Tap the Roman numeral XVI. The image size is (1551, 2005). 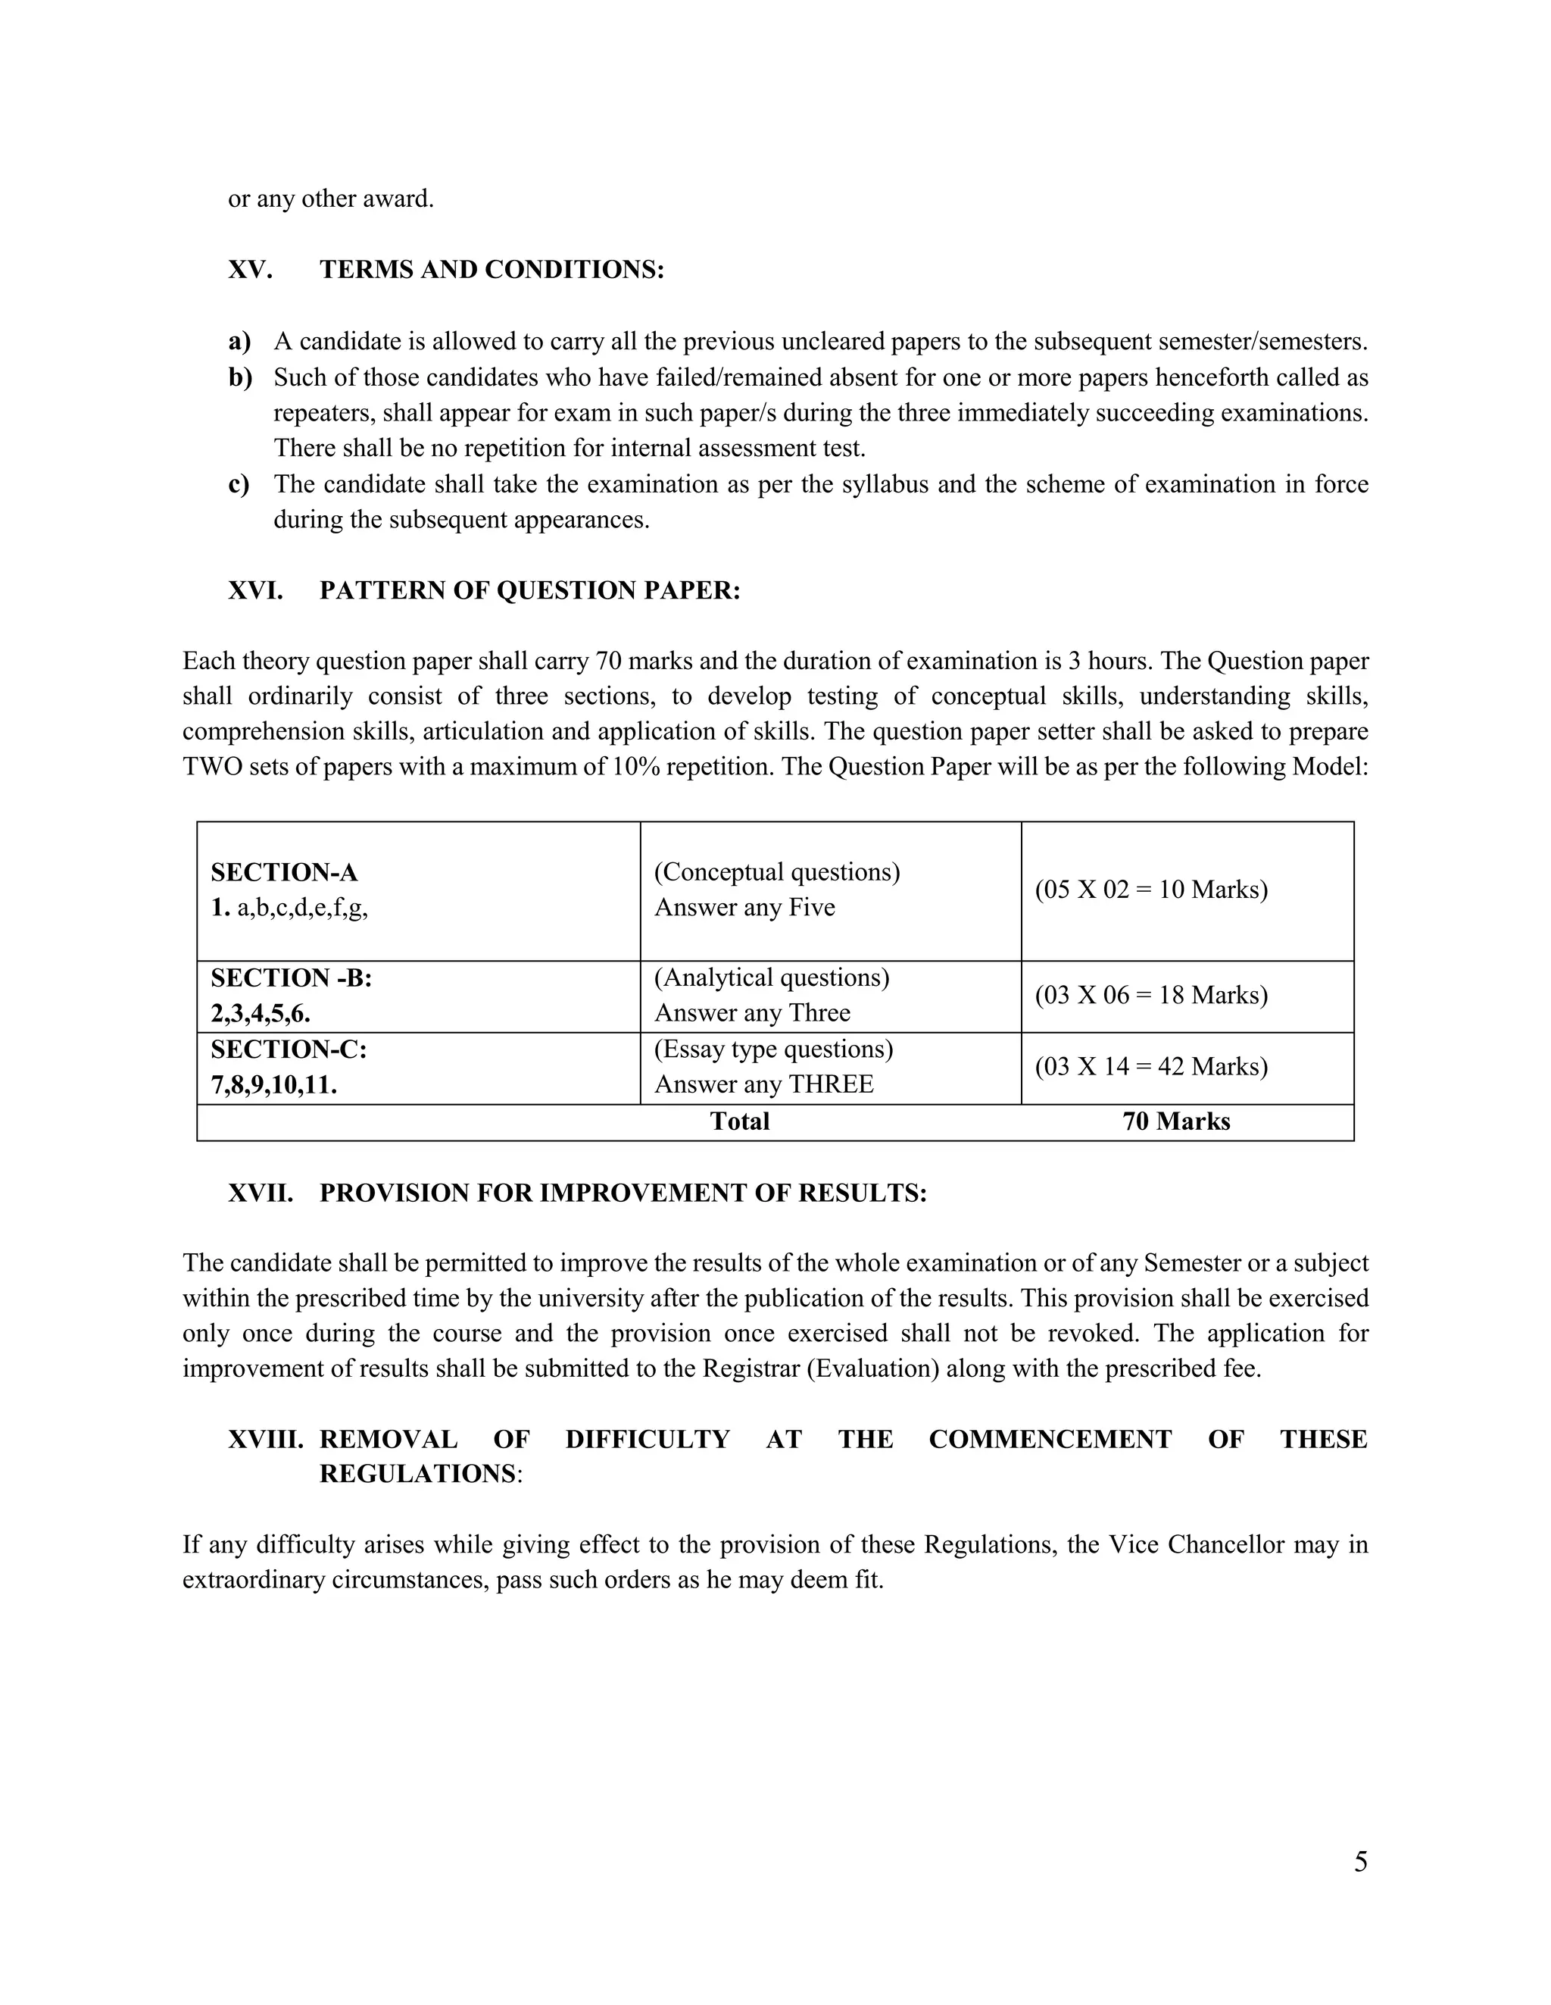pyautogui.click(x=255, y=590)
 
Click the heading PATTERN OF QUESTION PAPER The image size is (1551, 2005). pyautogui.click(x=529, y=590)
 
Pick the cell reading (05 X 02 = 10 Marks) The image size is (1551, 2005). pyautogui.click(x=1151, y=890)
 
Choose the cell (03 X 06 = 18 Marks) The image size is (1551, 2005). pyautogui.click(x=1151, y=995)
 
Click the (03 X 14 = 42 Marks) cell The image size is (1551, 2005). pyautogui.click(x=1151, y=1067)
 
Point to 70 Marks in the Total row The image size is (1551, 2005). pyautogui.click(x=1175, y=1121)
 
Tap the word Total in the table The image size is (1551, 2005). pyautogui.click(x=740, y=1121)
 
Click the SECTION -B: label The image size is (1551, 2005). pyautogui.click(x=291, y=977)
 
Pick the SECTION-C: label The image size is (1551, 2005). pyautogui.click(x=289, y=1049)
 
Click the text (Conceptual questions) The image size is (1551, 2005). pyautogui.click(x=776, y=872)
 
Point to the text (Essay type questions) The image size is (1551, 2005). pyautogui.click(x=772, y=1049)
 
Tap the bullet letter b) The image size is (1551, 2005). pyautogui.click(x=239, y=377)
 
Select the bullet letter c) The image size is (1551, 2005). pyautogui.click(x=239, y=485)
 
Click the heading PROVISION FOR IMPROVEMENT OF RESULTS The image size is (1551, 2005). pyautogui.click(x=623, y=1193)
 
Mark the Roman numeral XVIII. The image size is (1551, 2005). pyautogui.click(x=265, y=1440)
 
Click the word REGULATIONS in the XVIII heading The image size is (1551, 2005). pyautogui.click(x=417, y=1475)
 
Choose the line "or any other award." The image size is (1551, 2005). pyautogui.click(x=330, y=199)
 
